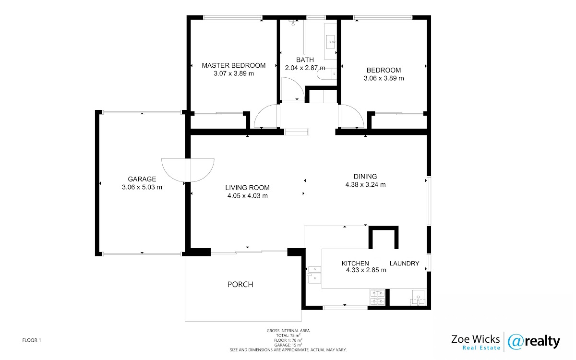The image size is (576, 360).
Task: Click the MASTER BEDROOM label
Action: point(233,66)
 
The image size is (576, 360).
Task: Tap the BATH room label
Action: point(305,60)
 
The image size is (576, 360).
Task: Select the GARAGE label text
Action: point(142,179)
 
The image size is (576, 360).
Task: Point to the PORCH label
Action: point(240,284)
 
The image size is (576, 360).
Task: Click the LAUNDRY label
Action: point(405,264)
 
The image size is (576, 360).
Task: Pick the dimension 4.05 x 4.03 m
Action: point(247,196)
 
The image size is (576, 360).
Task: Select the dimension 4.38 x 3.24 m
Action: point(365,185)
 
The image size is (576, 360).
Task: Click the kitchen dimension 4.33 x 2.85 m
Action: point(366,270)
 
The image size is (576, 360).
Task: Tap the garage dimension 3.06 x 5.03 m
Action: point(142,187)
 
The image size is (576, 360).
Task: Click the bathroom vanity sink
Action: point(330,42)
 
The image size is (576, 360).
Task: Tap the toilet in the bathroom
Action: point(326,74)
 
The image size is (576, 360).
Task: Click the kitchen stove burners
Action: point(377,297)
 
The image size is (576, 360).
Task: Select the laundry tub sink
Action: point(418,298)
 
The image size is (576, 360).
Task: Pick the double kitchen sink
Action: point(314,275)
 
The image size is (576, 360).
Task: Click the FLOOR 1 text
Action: point(32,340)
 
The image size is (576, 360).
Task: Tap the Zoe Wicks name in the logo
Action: point(476,339)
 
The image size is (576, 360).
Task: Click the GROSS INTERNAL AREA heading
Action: point(288,331)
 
